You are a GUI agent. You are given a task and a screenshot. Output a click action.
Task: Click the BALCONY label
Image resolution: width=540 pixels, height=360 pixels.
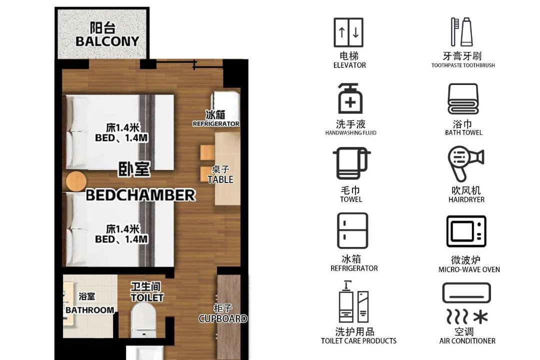[x=107, y=41]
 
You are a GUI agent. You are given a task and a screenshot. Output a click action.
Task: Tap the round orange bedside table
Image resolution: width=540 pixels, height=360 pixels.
[x=76, y=181]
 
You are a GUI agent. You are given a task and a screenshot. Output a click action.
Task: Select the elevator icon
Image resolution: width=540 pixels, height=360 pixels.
[x=348, y=32]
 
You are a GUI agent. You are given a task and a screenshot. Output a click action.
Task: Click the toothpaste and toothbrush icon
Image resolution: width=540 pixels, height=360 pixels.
[x=462, y=31]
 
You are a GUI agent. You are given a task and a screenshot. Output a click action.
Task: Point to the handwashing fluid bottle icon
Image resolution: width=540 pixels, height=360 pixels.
[x=350, y=98]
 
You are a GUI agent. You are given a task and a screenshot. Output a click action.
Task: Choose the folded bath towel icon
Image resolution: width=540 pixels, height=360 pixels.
[x=463, y=99]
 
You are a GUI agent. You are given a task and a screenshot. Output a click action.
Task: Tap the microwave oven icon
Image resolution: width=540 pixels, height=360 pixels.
[x=466, y=231]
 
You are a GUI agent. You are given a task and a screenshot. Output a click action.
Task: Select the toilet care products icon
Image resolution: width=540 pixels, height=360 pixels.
[x=353, y=302]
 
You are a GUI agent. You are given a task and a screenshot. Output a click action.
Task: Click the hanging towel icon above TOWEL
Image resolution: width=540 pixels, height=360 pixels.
[x=351, y=163]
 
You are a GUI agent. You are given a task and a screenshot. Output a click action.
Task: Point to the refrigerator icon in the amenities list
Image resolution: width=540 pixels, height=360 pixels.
[x=352, y=230]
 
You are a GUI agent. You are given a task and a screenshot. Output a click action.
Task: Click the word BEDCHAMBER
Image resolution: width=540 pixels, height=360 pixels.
[x=140, y=195]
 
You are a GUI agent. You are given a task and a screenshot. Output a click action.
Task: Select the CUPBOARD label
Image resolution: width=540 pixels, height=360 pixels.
[x=223, y=318]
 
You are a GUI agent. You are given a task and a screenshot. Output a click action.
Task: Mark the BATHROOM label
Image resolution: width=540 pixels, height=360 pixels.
[x=90, y=310]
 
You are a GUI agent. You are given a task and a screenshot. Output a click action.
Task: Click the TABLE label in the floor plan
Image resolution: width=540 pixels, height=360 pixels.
[x=220, y=179]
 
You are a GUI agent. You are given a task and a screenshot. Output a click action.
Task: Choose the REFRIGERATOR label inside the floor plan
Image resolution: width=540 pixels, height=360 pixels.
[x=216, y=123]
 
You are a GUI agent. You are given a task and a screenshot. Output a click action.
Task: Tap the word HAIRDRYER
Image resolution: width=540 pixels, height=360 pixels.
[x=466, y=199]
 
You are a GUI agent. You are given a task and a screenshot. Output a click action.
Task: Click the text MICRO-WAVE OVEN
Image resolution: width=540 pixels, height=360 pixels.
[x=469, y=269]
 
